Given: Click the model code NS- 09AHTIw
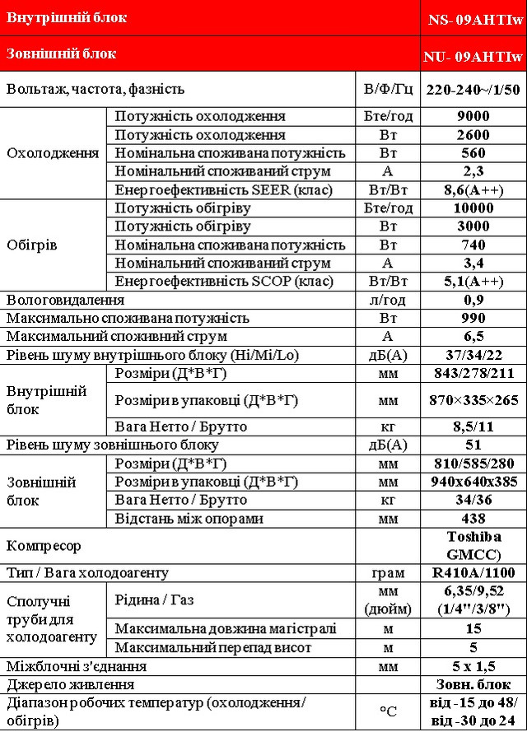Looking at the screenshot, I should point(473,18).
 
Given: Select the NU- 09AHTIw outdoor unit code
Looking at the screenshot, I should point(473,57).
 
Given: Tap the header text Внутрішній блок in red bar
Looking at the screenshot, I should point(67,17).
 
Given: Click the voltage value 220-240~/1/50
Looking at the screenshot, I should point(473,89).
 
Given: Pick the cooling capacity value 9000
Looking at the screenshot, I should point(473,116).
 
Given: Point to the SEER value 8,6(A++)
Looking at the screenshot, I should point(473,190).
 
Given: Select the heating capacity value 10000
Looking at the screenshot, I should point(473,208).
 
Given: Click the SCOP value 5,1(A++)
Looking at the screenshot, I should point(473,282).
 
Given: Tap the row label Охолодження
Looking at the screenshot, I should point(53,153).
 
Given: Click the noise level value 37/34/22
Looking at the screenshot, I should point(473,355).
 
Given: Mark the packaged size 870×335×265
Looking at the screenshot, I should point(473,400).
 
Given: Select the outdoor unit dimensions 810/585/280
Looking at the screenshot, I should point(473,464).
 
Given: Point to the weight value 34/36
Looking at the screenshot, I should point(473,500).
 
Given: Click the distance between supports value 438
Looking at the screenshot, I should point(473,519).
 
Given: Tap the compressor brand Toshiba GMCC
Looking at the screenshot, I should point(473,545).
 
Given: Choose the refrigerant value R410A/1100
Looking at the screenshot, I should point(473,572).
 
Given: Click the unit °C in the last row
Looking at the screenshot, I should point(387,711).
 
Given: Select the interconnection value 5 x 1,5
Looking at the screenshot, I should point(473,666).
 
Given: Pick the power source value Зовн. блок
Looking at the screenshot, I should point(473,684).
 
